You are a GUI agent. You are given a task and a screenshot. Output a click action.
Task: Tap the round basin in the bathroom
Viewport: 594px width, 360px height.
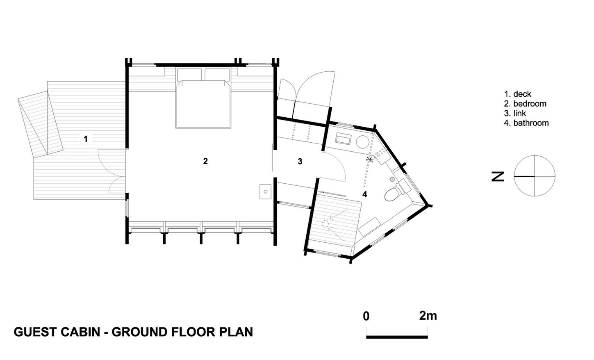pyautogui.click(x=362, y=141)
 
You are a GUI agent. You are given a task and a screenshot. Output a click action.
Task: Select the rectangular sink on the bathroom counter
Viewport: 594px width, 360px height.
pyautogui.click(x=344, y=139)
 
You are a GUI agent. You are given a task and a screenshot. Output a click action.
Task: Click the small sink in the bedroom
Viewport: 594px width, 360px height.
pyautogui.click(x=265, y=191)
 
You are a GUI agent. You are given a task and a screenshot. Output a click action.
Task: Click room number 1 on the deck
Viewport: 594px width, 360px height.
pyautogui.click(x=85, y=139)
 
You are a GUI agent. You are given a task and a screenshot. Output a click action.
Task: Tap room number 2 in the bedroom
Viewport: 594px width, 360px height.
pyautogui.click(x=205, y=161)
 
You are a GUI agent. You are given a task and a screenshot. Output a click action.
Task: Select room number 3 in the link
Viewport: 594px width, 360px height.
pyautogui.click(x=300, y=161)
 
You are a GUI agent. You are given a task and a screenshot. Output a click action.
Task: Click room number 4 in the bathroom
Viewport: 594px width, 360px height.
pyautogui.click(x=364, y=194)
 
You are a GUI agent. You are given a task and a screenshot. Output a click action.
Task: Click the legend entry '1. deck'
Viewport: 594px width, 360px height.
pyautogui.click(x=518, y=94)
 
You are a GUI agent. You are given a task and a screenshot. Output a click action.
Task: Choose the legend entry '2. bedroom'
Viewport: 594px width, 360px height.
pyautogui.click(x=525, y=103)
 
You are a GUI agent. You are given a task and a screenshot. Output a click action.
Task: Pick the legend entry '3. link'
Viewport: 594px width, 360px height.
pyautogui.click(x=515, y=113)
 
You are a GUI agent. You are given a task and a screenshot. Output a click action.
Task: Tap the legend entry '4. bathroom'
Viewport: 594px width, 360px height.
pyautogui.click(x=526, y=123)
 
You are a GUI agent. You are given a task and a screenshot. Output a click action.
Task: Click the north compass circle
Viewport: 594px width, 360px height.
pyautogui.click(x=534, y=155)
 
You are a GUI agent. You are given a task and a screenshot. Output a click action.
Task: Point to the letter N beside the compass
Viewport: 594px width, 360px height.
pyautogui.click(x=498, y=177)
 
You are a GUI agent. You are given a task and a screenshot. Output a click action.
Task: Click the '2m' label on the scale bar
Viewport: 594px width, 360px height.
pyautogui.click(x=428, y=316)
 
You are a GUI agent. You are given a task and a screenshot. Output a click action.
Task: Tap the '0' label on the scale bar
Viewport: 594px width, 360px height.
pyautogui.click(x=366, y=316)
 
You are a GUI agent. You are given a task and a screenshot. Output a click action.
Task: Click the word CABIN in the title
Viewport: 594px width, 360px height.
pyautogui.click(x=81, y=332)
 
